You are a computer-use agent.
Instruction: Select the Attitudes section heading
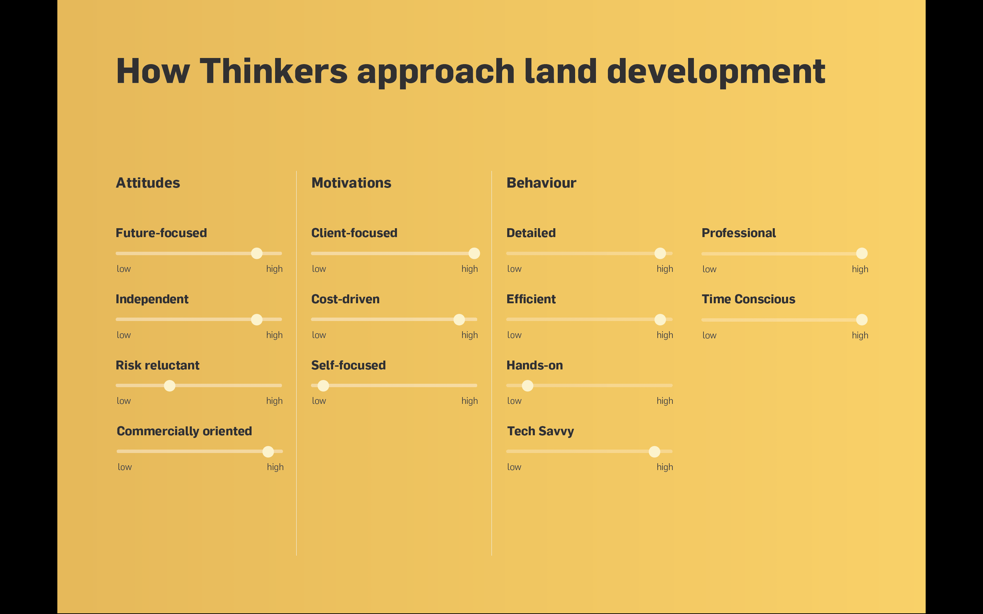(148, 183)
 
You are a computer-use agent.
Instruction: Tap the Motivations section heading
(351, 183)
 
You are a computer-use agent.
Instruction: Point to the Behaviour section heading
(541, 183)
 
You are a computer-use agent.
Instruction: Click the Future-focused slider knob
(257, 253)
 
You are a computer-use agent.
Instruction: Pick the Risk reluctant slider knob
(170, 386)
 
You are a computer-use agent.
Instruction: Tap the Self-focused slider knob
(323, 386)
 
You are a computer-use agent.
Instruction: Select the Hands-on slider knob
(528, 386)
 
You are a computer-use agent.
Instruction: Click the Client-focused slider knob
(474, 253)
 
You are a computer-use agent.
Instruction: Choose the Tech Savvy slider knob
(654, 452)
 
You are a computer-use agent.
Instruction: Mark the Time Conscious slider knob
(862, 320)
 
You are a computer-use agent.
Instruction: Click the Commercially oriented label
(184, 431)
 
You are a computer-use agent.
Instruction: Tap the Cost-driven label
(346, 299)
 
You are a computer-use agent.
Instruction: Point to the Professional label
(739, 233)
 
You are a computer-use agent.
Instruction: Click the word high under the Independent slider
(274, 335)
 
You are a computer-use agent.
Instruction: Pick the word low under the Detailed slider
(514, 269)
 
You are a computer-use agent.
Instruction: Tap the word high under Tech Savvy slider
(665, 467)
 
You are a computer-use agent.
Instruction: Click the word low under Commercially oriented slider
(125, 467)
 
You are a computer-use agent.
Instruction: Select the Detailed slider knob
(660, 253)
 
